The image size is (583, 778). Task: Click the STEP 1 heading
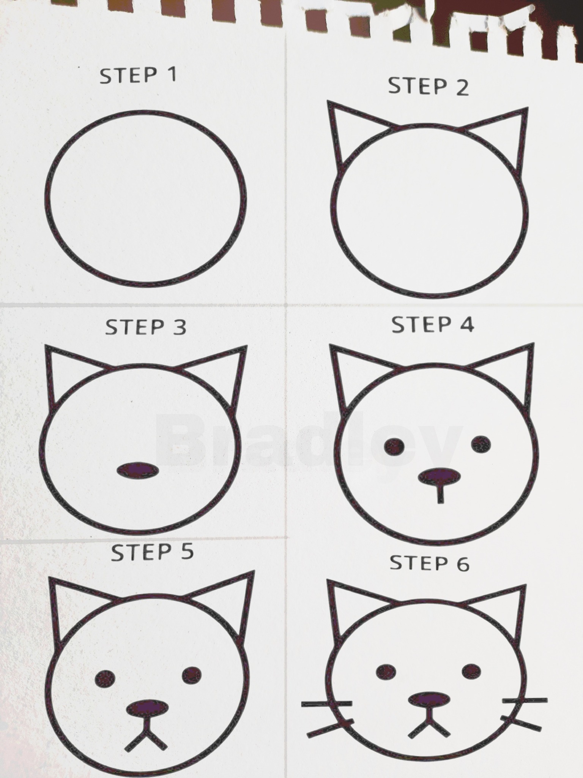tap(138, 75)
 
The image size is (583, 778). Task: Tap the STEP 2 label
tap(429, 86)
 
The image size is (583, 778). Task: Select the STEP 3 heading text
tap(146, 327)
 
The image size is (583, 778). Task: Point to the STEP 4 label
tap(433, 325)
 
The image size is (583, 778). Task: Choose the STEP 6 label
tap(430, 563)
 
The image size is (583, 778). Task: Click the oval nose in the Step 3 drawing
tap(138, 471)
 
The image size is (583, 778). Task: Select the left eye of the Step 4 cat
tap(394, 446)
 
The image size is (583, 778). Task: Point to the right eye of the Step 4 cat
tap(481, 444)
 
